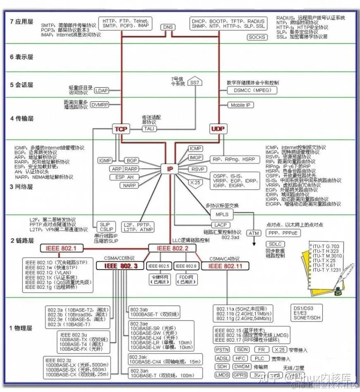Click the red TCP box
coord(121,129)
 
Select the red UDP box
coord(218,129)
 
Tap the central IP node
coord(170,169)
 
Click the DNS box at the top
coord(168,27)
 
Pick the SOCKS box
coord(257,37)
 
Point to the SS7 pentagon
coord(194,82)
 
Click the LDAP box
coord(101,91)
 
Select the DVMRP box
coord(100,105)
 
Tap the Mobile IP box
coord(240,105)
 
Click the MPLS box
coord(222,214)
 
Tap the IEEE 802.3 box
coord(121,266)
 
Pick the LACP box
coord(220,225)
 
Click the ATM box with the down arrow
coord(253,233)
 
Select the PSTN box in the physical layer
coord(222,349)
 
